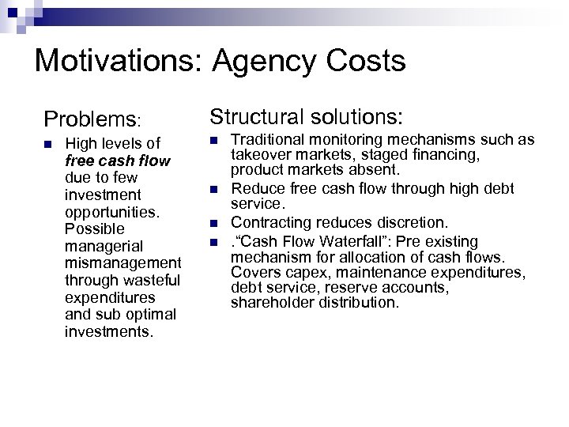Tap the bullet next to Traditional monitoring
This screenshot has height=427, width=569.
click(x=213, y=140)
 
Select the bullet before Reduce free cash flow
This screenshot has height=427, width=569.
click(x=213, y=189)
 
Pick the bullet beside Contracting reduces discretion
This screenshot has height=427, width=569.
click(x=213, y=223)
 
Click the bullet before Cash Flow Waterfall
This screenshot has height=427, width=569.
click(x=213, y=240)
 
